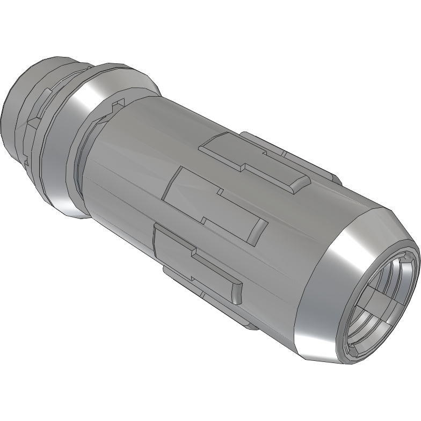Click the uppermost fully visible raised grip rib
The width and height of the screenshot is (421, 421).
[252, 161]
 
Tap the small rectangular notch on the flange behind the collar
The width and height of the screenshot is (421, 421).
[118, 102]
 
